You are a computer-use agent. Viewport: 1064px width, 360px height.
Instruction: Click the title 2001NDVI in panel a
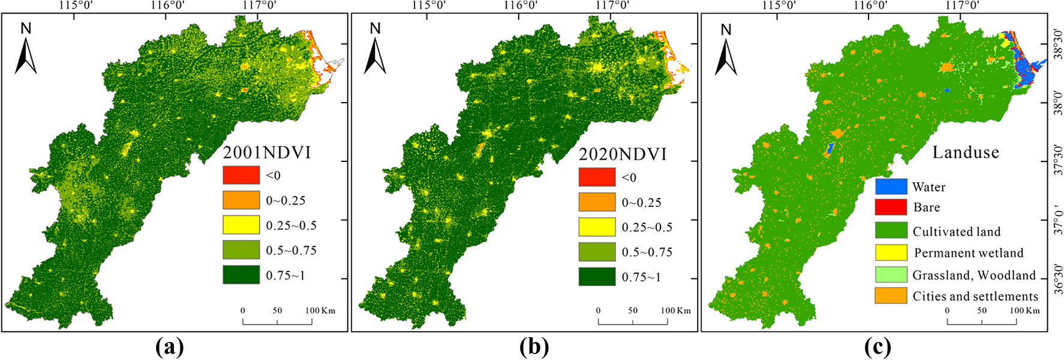click(267, 152)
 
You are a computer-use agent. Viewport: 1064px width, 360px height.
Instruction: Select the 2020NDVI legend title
click(623, 154)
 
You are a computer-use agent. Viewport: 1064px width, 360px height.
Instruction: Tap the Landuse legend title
click(965, 152)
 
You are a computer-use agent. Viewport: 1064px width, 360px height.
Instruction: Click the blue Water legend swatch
click(891, 187)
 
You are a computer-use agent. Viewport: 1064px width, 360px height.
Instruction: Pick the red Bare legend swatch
click(891, 207)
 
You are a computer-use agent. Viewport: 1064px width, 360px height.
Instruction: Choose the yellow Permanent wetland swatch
click(891, 253)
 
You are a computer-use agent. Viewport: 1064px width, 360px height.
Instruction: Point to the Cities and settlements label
click(975, 296)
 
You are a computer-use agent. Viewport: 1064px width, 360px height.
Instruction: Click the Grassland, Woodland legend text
click(974, 275)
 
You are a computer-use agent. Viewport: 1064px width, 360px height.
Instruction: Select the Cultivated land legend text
click(957, 232)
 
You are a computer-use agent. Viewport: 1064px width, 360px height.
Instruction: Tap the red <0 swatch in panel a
click(241, 175)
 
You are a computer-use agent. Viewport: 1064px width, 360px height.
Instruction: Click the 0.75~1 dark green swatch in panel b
click(597, 277)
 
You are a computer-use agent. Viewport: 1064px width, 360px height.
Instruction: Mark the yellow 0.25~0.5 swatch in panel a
click(241, 225)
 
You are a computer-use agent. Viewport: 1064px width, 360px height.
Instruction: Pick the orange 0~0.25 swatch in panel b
click(597, 202)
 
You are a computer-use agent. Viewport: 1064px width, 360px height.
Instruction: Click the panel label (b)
click(534, 347)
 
